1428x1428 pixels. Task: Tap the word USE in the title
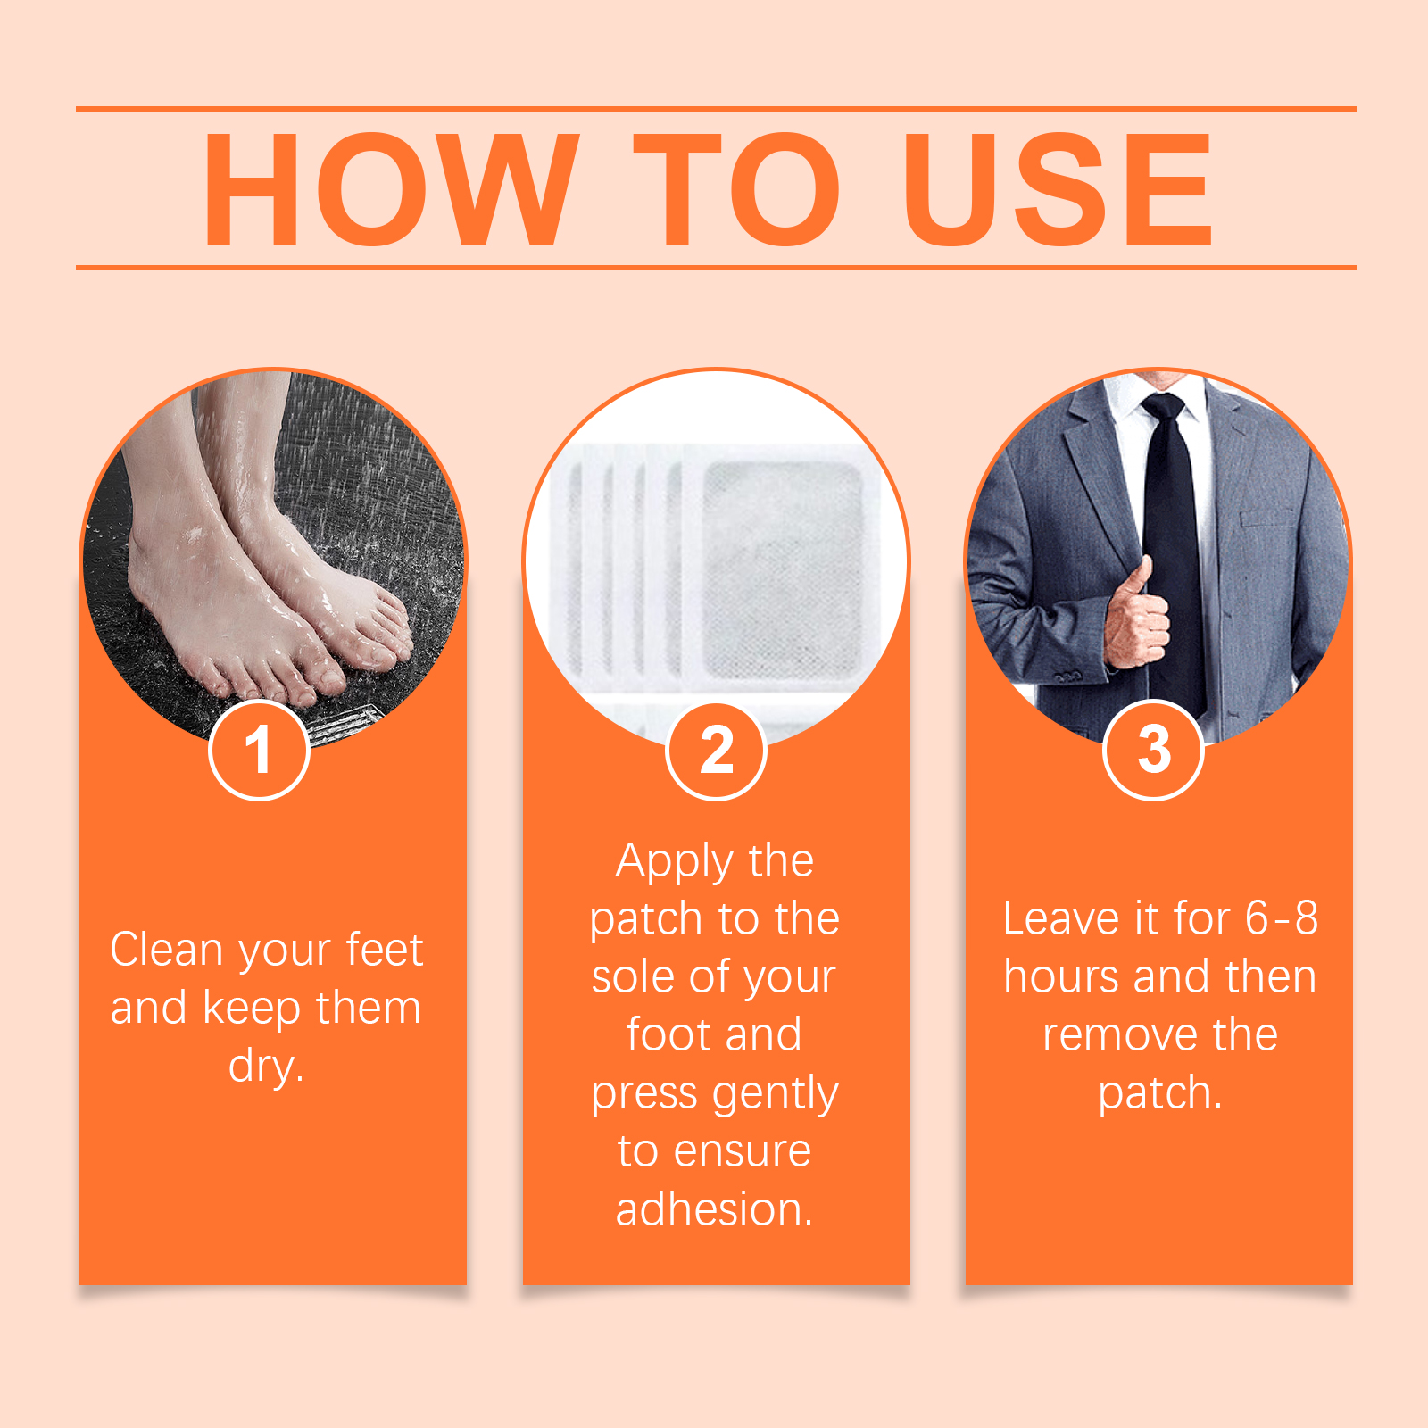1058,188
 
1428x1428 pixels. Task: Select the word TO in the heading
736,188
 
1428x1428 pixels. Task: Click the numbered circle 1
259,750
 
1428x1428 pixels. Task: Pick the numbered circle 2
716,750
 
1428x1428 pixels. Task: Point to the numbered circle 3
1153,750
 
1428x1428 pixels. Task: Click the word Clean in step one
167,949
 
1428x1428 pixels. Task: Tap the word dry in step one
265,1067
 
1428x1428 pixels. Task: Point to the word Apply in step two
674,863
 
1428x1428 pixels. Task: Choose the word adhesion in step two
714,1209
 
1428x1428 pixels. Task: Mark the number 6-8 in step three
1282,918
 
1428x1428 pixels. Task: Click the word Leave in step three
1060,918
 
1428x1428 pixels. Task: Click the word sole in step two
635,976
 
